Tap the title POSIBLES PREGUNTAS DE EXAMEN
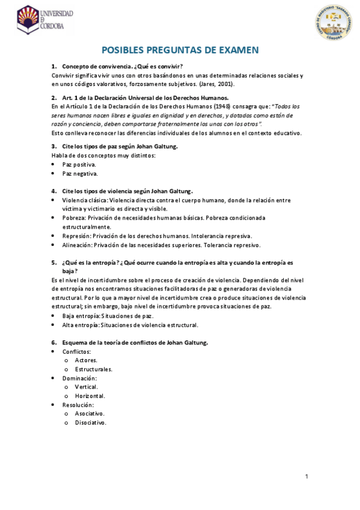pyautogui.click(x=180, y=51)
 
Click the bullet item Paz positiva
pyautogui.click(x=79, y=164)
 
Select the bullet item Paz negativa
pyautogui.click(x=80, y=173)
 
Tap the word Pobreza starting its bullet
pyautogui.click(x=74, y=218)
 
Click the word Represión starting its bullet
pyautogui.click(x=76, y=236)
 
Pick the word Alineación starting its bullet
pyautogui.click(x=78, y=245)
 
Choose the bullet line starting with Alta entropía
pyautogui.click(x=130, y=325)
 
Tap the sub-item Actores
pyautogui.click(x=86, y=360)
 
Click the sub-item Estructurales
pyautogui.click(x=94, y=369)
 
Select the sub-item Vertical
pyautogui.click(x=87, y=387)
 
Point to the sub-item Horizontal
pyautogui.click(x=90, y=396)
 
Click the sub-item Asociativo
pyautogui.click(x=90, y=414)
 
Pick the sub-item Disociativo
pyautogui.click(x=91, y=423)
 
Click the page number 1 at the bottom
pyautogui.click(x=307, y=477)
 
